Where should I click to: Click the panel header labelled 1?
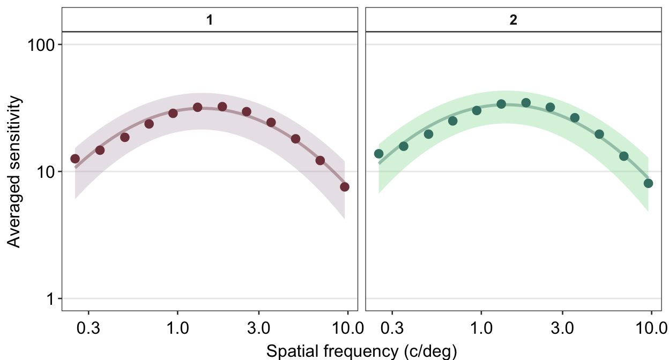(x=210, y=20)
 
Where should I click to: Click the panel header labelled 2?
(x=513, y=20)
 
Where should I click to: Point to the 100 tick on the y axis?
(x=41, y=44)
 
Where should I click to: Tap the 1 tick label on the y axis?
(x=52, y=298)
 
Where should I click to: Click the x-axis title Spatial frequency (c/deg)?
(x=361, y=351)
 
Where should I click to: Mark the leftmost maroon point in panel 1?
(x=75, y=159)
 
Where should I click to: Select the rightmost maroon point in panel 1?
(x=345, y=187)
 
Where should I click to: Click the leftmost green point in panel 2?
(x=379, y=154)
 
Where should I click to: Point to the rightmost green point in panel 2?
(x=649, y=183)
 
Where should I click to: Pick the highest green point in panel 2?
(x=526, y=103)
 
